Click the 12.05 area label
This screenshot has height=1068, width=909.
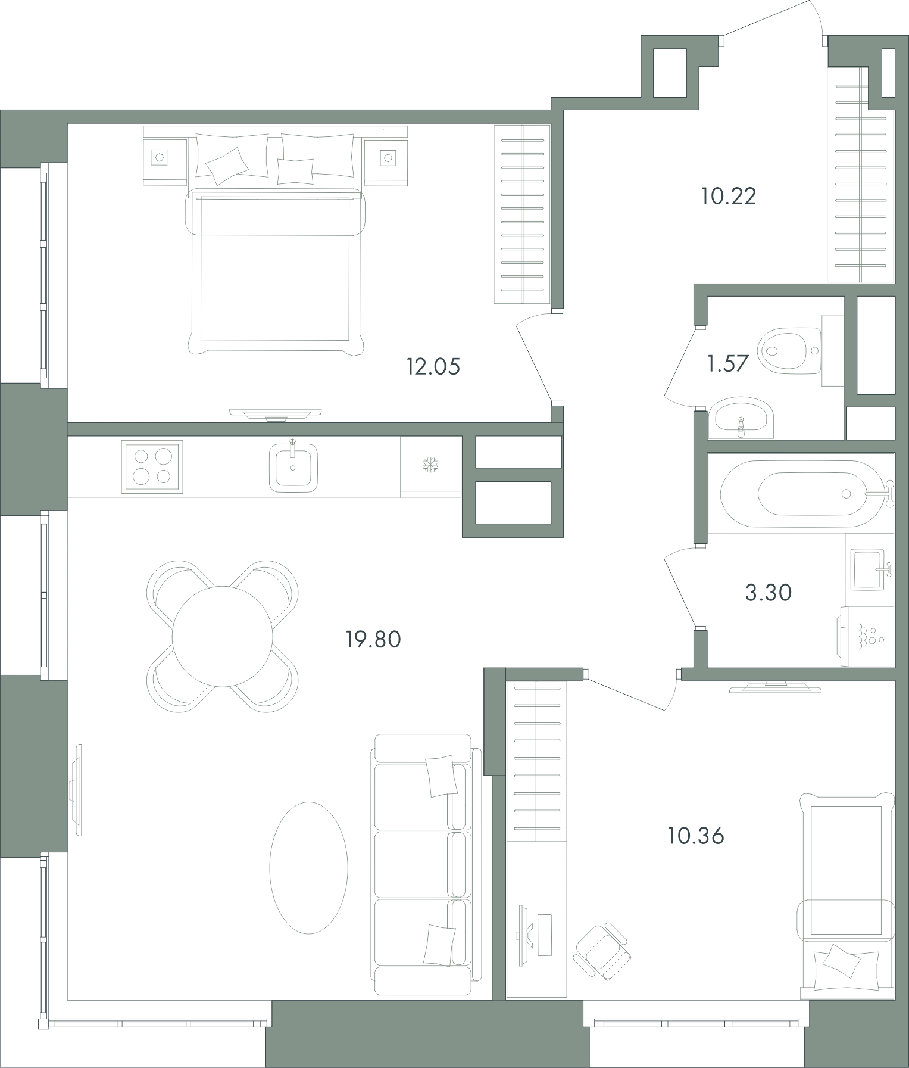(433, 366)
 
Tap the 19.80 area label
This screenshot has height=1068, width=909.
(374, 640)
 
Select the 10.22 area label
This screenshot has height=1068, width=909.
(729, 196)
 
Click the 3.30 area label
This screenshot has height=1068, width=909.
(769, 593)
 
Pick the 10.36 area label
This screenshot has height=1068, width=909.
(695, 836)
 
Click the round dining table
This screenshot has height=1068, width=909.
(222, 636)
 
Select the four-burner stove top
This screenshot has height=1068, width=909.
(152, 466)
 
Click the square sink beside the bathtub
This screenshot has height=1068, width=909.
(870, 569)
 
